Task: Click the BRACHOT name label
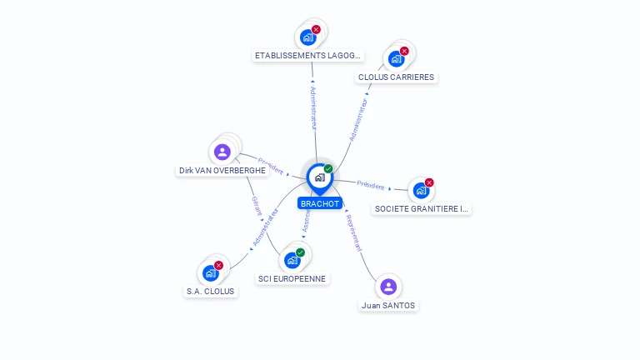pyautogui.click(x=320, y=203)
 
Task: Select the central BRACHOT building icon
pyautogui.click(x=319, y=177)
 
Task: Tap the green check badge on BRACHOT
pyautogui.click(x=328, y=169)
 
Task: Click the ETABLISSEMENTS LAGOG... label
pyautogui.click(x=308, y=56)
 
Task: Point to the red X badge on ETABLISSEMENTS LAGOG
pyautogui.click(x=316, y=30)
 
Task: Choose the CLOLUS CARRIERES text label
pyautogui.click(x=396, y=77)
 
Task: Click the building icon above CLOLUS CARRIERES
pyautogui.click(x=396, y=58)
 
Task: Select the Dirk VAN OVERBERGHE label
pyautogui.click(x=222, y=170)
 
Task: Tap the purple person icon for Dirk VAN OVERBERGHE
pyautogui.click(x=222, y=152)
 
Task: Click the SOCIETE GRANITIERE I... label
pyautogui.click(x=422, y=208)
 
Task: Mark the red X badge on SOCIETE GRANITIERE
pyautogui.click(x=429, y=182)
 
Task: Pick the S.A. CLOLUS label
pyautogui.click(x=210, y=292)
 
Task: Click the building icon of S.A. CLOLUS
pyautogui.click(x=210, y=272)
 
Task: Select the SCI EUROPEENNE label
pyautogui.click(x=292, y=278)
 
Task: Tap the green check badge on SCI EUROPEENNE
pyautogui.click(x=300, y=252)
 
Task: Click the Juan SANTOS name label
pyautogui.click(x=388, y=305)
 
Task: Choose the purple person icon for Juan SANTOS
pyautogui.click(x=388, y=287)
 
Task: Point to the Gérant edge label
pyautogui.click(x=257, y=206)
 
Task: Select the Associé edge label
pyautogui.click(x=306, y=221)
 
